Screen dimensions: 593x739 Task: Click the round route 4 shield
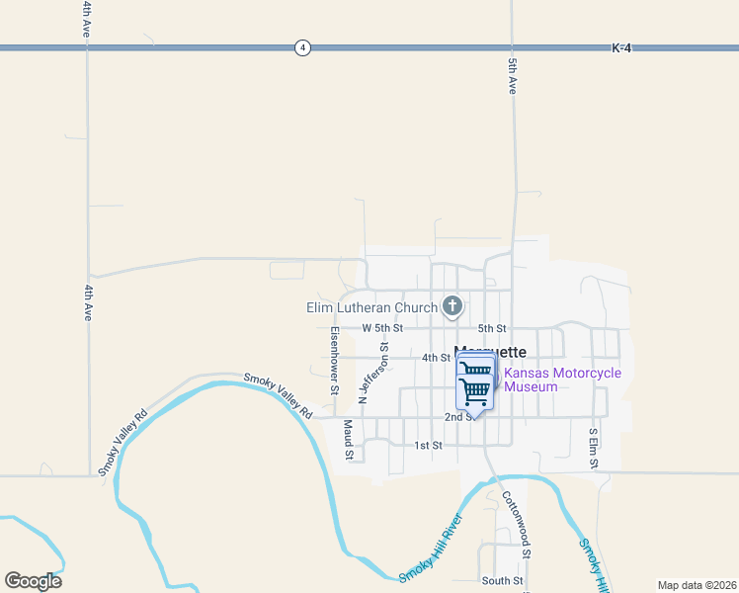(303, 47)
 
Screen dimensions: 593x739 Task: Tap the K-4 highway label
(621, 47)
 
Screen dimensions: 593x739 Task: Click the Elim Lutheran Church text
(371, 307)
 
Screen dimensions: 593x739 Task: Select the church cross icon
(452, 306)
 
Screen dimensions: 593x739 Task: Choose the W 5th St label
(382, 327)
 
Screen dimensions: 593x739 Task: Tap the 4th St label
(436, 357)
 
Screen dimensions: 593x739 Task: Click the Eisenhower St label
(335, 361)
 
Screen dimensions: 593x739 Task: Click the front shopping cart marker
(475, 391)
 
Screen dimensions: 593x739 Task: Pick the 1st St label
(428, 446)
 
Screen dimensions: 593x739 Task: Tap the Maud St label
(348, 440)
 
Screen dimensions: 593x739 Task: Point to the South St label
(501, 580)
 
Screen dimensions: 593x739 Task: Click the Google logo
(33, 580)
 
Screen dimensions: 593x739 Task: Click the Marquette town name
(491, 352)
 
